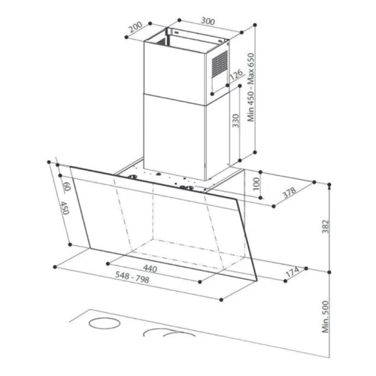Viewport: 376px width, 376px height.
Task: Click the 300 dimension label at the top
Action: click(x=208, y=21)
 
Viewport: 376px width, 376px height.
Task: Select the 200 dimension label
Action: click(x=135, y=27)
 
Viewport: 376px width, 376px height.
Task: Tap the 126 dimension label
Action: click(x=236, y=74)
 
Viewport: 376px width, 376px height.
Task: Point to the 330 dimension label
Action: click(x=235, y=120)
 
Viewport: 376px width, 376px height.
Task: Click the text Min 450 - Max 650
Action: click(x=251, y=87)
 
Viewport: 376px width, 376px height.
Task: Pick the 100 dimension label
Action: click(x=256, y=183)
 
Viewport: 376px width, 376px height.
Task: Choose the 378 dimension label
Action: click(x=290, y=193)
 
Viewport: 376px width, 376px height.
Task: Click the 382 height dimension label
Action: click(x=325, y=226)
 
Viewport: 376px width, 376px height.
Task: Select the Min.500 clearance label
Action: click(x=326, y=317)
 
